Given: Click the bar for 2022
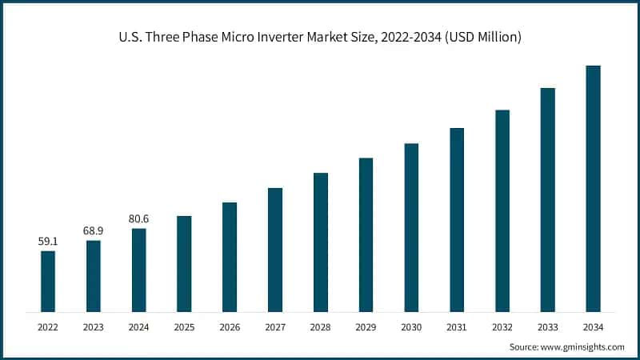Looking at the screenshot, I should (x=48, y=281).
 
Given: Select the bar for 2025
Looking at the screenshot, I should (x=184, y=263).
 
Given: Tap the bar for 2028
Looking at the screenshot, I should (x=321, y=242).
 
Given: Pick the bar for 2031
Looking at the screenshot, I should (x=457, y=219).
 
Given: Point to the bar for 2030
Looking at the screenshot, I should (x=411, y=227).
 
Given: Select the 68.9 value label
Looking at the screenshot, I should (x=94, y=230).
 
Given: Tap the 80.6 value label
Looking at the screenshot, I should (x=139, y=218).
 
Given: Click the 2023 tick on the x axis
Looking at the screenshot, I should (x=94, y=326).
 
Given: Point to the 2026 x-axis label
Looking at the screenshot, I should (x=230, y=326).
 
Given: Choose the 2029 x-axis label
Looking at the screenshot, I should (x=366, y=326).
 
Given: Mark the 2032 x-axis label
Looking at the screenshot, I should (x=502, y=326).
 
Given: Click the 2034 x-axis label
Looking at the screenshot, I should (x=593, y=326).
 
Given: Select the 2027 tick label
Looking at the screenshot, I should (x=275, y=326).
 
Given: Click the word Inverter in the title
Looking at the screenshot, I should (x=290, y=38).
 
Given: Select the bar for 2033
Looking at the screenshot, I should (x=547, y=199).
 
